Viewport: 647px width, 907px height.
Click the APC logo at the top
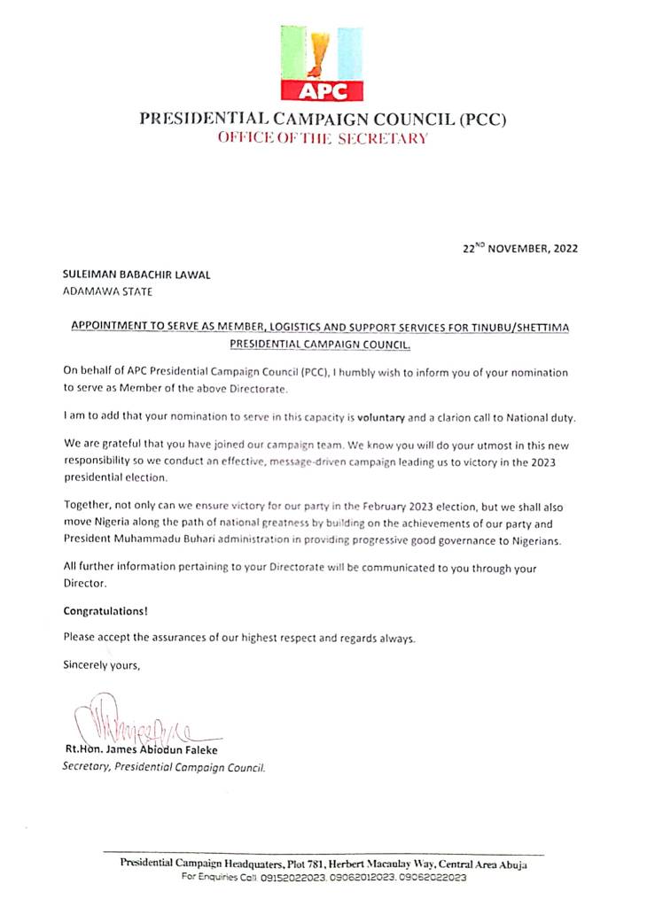322,63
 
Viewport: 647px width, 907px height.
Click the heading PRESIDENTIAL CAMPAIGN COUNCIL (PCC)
323,120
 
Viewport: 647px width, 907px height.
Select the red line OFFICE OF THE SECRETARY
323,138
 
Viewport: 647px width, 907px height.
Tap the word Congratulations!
105,610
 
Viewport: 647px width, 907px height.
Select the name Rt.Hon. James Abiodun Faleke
141,750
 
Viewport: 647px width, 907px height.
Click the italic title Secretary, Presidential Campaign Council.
164,767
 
